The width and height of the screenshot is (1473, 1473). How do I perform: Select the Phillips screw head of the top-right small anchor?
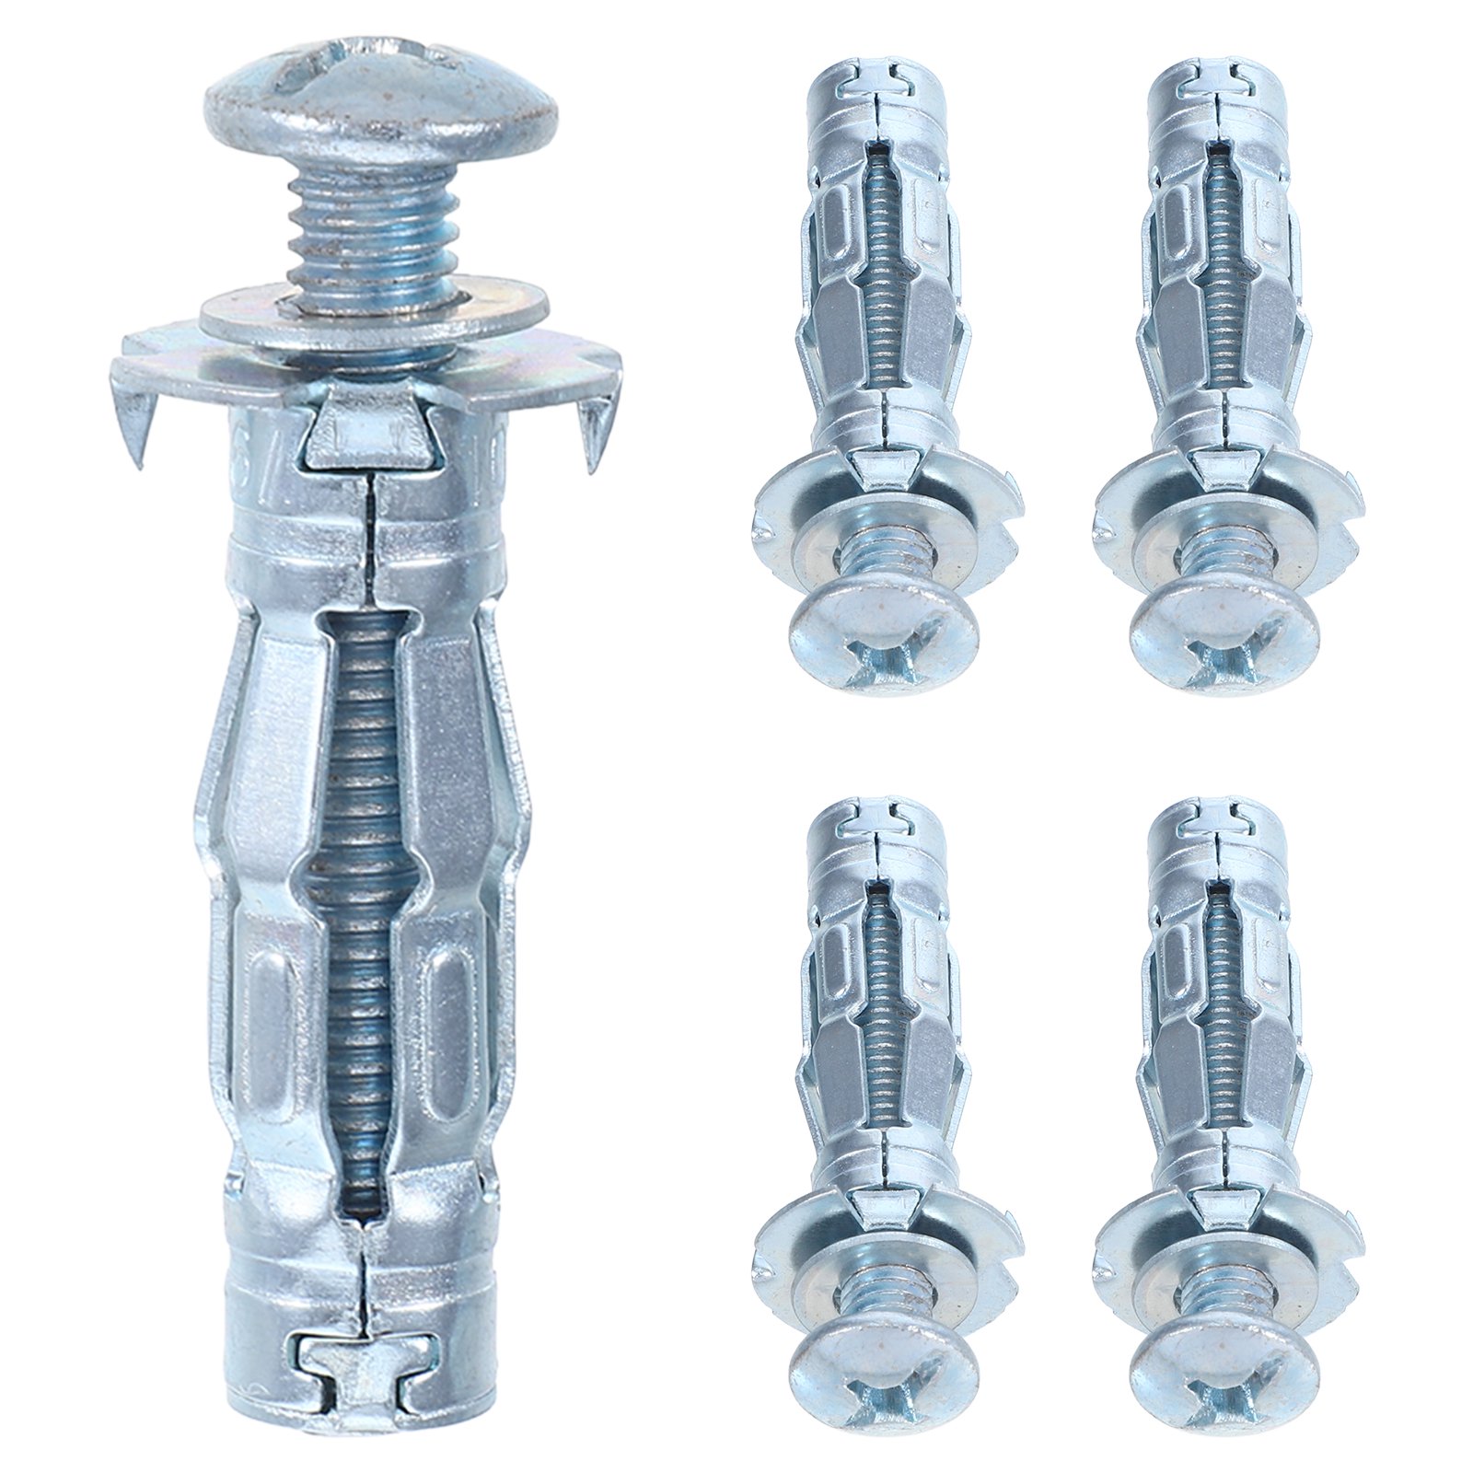tap(1225, 639)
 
